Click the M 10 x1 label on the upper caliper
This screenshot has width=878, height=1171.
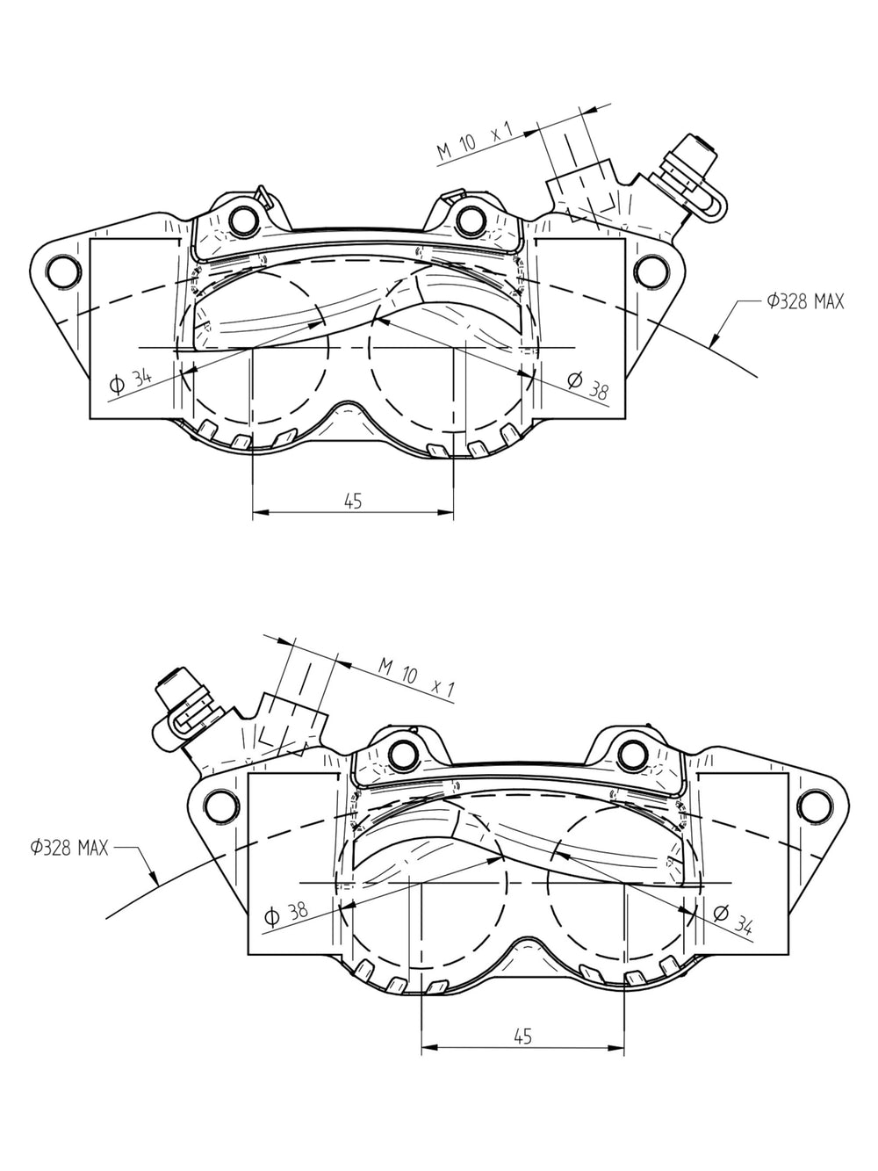click(x=474, y=141)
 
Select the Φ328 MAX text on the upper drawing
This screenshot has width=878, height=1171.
click(x=805, y=302)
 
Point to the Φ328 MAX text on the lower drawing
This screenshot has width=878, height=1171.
click(x=69, y=847)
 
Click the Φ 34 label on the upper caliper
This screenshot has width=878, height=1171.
click(x=131, y=380)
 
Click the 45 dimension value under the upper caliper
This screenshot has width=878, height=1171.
click(x=353, y=501)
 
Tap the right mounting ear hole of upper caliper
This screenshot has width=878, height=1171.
click(x=651, y=271)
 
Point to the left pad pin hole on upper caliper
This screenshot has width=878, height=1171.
click(x=243, y=219)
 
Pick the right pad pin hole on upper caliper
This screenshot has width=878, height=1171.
click(x=471, y=219)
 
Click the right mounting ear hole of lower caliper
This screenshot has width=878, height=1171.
click(x=814, y=806)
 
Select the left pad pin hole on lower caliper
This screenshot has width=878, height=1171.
click(x=403, y=754)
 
